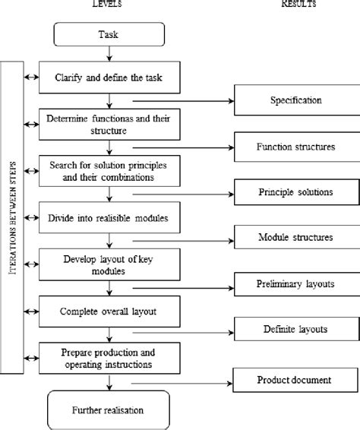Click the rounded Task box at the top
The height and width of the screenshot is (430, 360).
pos(109,34)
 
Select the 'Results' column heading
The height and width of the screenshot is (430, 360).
pos(299,5)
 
